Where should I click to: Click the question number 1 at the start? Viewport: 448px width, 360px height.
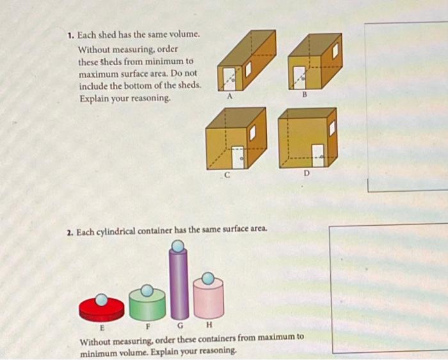(70, 37)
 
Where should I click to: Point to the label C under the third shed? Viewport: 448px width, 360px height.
(226, 173)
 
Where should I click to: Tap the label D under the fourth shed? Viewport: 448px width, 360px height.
(307, 173)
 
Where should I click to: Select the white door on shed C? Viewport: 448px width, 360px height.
(238, 156)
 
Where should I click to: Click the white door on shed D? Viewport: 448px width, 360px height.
(318, 155)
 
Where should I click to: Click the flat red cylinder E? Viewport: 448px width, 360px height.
(101, 310)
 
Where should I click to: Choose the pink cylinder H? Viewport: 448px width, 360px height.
(208, 299)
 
